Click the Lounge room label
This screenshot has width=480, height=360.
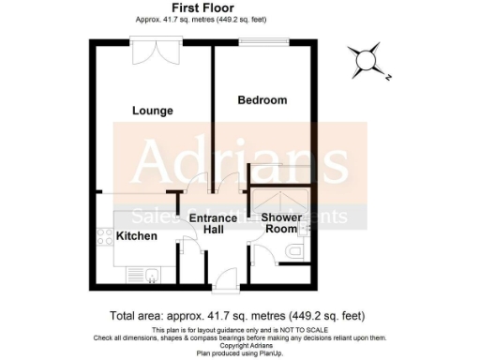pyautogui.click(x=152, y=111)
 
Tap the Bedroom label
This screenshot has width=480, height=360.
pyautogui.click(x=262, y=100)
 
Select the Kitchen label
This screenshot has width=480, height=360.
pyautogui.click(x=136, y=235)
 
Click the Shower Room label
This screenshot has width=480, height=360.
pyautogui.click(x=281, y=222)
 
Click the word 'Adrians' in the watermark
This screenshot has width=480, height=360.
pyautogui.click(x=238, y=163)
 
